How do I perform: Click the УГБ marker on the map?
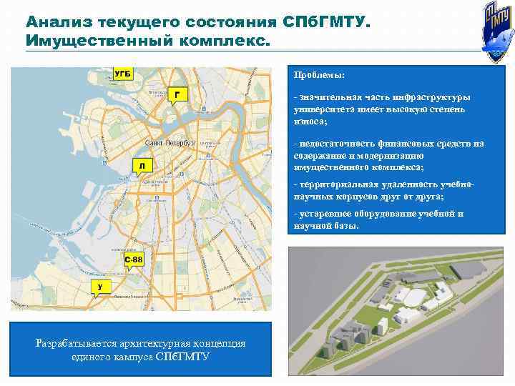[122, 74]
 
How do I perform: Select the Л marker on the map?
[142, 166]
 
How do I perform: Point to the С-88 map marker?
[134, 258]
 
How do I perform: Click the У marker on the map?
[101, 287]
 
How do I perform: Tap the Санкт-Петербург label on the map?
[170, 143]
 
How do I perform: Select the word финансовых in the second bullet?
[396, 144]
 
